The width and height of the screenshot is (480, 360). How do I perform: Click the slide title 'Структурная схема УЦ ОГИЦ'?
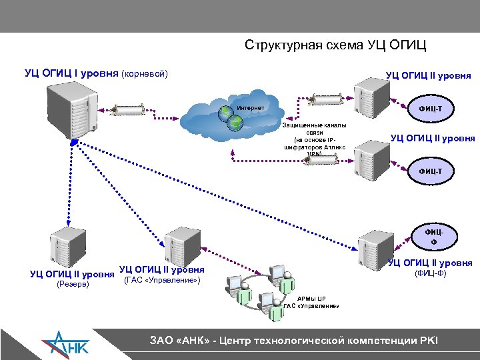(335, 45)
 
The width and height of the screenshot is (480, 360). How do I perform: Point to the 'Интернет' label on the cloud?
(251, 107)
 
